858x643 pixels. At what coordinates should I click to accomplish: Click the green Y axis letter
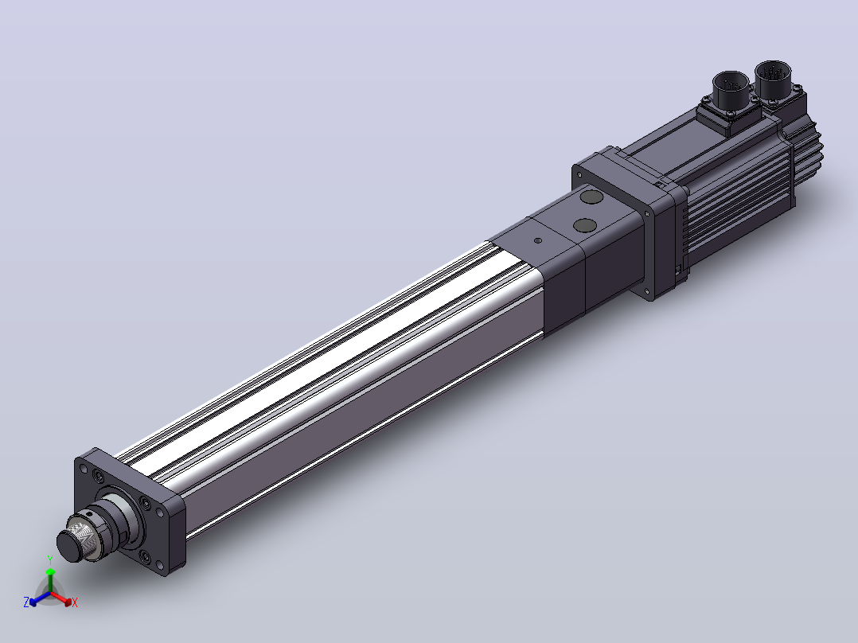coord(50,559)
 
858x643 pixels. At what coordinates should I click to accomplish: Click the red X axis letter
coord(75,602)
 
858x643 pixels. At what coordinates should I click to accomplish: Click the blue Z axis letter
coord(25,602)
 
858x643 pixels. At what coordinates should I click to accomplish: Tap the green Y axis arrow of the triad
coord(50,580)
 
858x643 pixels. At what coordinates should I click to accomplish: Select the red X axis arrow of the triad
coord(61,598)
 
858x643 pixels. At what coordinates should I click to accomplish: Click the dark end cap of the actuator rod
coord(69,546)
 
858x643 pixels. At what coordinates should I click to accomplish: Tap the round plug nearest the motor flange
coord(591,197)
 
